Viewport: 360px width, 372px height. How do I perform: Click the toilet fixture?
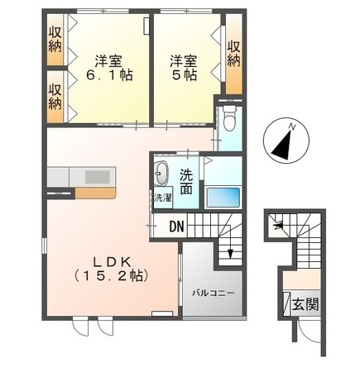pyautogui.click(x=229, y=119)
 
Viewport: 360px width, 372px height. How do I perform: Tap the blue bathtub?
pyautogui.click(x=223, y=197)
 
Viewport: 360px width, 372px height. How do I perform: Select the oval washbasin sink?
pyautogui.click(x=161, y=173)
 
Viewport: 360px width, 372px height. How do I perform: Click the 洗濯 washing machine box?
pyautogui.click(x=163, y=198)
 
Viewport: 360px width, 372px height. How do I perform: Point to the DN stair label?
pyautogui.click(x=176, y=227)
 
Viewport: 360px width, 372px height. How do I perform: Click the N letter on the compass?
pyautogui.click(x=291, y=127)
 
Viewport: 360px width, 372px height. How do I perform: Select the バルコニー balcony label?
pyautogui.click(x=214, y=293)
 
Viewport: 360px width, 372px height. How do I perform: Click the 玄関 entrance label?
pyautogui.click(x=305, y=304)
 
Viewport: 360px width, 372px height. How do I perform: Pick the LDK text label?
pyautogui.click(x=112, y=262)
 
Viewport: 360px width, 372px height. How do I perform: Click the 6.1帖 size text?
pyautogui.click(x=109, y=75)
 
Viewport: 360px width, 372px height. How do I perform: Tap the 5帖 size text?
pyautogui.click(x=184, y=75)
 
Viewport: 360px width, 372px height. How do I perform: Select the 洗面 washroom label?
pyautogui.click(x=186, y=181)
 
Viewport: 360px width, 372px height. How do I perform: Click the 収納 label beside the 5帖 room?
pyautogui.click(x=233, y=54)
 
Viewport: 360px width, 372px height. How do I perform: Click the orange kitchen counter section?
pyautogui.click(x=95, y=193)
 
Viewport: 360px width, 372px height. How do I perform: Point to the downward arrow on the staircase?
pyautogui.click(x=230, y=249)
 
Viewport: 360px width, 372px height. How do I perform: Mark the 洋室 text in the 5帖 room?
pyautogui.click(x=184, y=60)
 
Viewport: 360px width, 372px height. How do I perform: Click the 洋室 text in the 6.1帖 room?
pyautogui.click(x=109, y=60)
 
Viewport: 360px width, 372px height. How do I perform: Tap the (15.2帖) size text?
pyautogui.click(x=112, y=275)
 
